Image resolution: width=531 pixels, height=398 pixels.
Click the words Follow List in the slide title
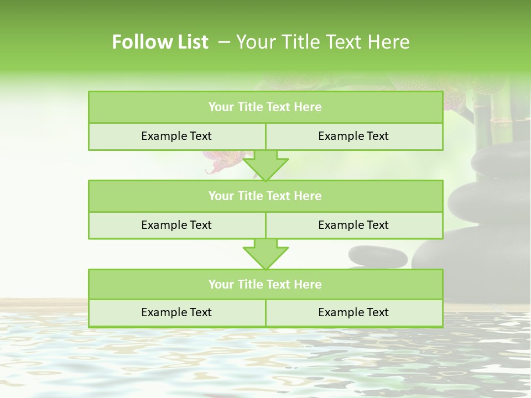click(x=160, y=42)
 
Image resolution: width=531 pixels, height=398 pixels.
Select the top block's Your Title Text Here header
click(x=265, y=107)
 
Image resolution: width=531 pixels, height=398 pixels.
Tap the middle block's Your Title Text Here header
click(x=265, y=196)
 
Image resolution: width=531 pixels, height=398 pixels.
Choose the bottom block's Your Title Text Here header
click(x=265, y=284)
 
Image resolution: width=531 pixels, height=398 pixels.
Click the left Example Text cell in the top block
click(x=176, y=136)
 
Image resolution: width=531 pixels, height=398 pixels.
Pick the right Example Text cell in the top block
click(x=353, y=136)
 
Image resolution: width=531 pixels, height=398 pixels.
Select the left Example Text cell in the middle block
click(x=176, y=225)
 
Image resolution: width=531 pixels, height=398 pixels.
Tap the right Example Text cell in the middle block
click(x=353, y=225)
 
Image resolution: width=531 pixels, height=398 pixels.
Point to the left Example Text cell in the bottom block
click(x=176, y=312)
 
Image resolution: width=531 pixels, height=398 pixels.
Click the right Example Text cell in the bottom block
click(x=353, y=312)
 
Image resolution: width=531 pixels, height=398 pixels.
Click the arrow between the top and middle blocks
click(x=265, y=165)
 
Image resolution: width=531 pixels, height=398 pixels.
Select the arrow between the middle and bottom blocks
click(x=265, y=254)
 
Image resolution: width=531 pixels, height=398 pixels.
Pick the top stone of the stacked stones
click(x=501, y=160)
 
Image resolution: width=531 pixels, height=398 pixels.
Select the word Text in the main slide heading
click(x=342, y=42)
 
